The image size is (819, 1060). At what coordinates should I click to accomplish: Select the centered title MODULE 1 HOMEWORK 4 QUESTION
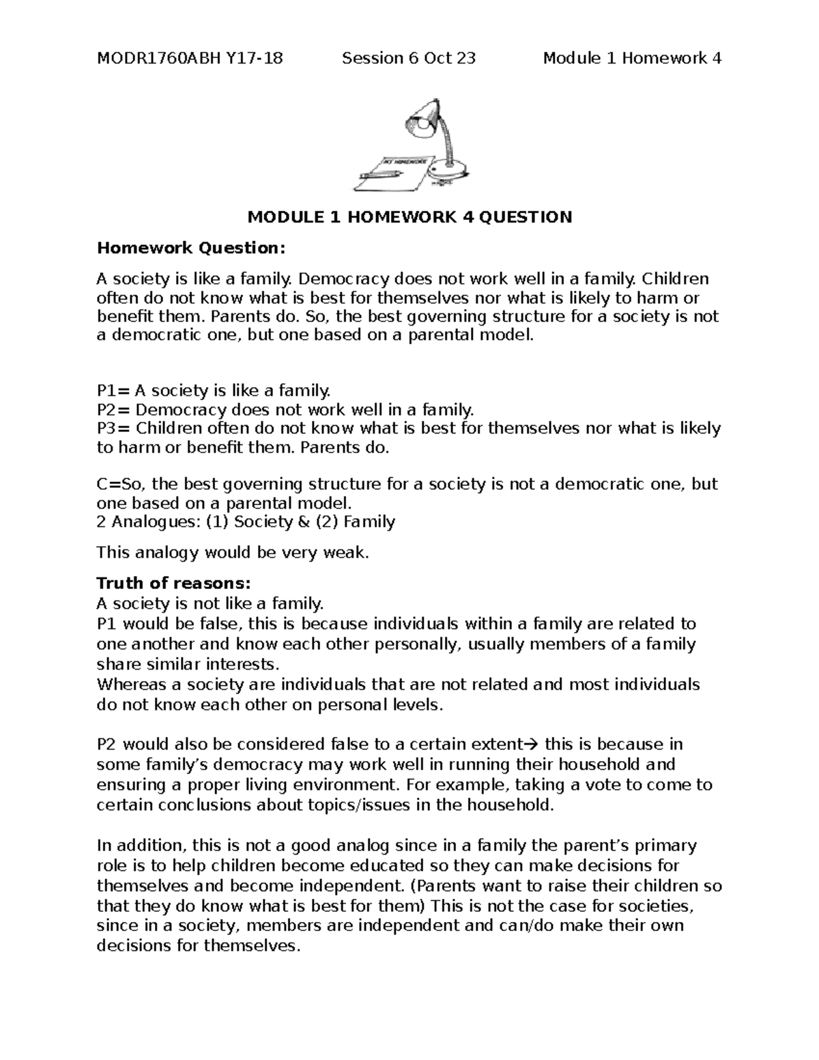(x=409, y=218)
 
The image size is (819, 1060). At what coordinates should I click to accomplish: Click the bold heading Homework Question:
(x=189, y=248)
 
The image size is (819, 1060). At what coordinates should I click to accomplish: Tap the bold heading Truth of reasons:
(x=174, y=584)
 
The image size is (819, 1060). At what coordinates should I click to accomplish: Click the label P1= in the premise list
(x=113, y=391)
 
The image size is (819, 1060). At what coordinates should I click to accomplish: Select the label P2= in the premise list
(x=113, y=410)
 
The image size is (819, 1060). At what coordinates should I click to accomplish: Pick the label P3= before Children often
(x=113, y=429)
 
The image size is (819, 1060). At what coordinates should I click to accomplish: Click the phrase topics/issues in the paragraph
(x=361, y=805)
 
